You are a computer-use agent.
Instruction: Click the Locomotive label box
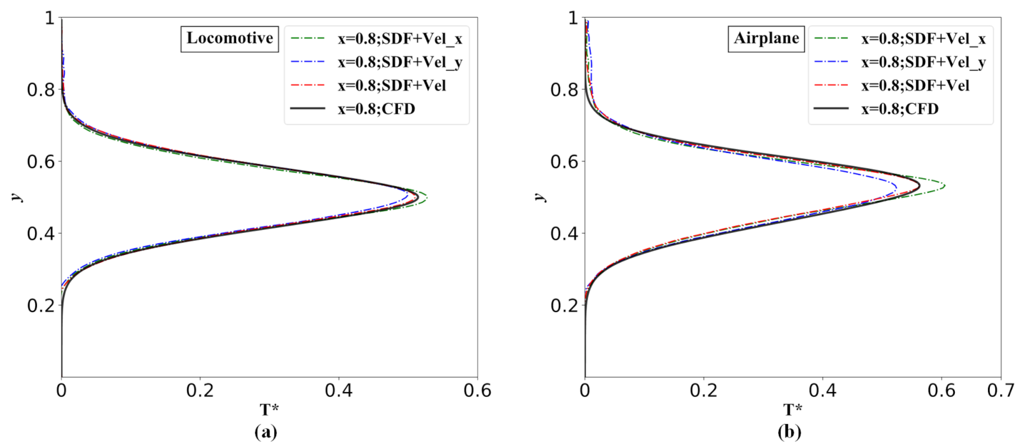[x=229, y=39]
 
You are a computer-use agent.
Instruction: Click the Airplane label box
[x=766, y=39]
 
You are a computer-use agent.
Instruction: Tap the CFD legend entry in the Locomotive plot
[x=376, y=109]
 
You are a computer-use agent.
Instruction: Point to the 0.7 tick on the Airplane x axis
[x=1001, y=390]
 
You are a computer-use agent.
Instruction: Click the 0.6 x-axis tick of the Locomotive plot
[x=478, y=390]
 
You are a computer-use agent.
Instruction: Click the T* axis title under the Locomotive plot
[x=269, y=410]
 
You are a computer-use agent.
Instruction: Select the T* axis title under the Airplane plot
[x=793, y=410]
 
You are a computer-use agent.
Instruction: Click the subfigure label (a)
[x=266, y=432]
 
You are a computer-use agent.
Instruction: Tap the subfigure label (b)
[x=789, y=432]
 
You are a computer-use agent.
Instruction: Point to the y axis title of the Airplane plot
[x=540, y=197]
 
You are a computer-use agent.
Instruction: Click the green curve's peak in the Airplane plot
[x=945, y=186]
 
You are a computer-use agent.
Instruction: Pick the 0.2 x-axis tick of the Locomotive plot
[x=200, y=390]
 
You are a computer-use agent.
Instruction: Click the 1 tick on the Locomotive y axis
[x=49, y=18]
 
